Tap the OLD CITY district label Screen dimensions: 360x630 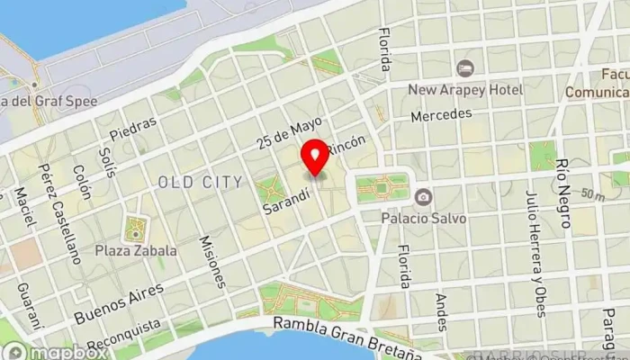point(200,182)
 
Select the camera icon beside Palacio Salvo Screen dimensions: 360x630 point(422,196)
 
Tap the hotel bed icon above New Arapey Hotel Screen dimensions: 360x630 point(465,68)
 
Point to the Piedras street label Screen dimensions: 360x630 point(133,128)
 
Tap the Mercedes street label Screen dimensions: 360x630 point(441,115)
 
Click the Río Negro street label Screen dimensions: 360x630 point(564,192)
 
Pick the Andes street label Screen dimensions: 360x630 point(441,311)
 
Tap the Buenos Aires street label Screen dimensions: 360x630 point(120,302)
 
